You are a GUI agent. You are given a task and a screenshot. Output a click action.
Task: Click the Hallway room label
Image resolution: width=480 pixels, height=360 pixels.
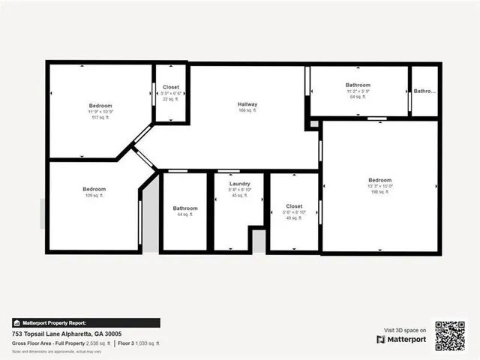[x=247, y=104]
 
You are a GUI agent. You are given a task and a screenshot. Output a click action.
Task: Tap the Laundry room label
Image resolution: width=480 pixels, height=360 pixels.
[x=240, y=183]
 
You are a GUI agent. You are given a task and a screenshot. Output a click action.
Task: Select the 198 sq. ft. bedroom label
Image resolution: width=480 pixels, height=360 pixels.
[x=379, y=180]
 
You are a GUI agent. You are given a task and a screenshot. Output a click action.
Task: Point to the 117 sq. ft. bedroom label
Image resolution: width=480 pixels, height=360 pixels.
[x=101, y=106]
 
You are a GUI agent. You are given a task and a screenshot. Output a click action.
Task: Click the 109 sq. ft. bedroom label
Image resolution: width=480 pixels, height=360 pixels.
[x=94, y=189]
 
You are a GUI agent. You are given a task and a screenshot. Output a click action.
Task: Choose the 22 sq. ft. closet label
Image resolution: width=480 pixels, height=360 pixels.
[x=171, y=87]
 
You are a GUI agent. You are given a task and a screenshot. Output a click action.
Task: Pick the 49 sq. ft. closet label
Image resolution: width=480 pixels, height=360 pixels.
[x=294, y=205]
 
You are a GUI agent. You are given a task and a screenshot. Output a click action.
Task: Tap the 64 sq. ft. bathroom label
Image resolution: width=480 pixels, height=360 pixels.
[x=358, y=85]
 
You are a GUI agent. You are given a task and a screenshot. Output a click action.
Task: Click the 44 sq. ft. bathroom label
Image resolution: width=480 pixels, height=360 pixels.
[x=185, y=208]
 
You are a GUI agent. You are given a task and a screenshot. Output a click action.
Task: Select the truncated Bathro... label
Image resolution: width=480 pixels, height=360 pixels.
[x=424, y=91]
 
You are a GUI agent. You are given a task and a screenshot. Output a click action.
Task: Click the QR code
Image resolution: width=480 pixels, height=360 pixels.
[x=450, y=335]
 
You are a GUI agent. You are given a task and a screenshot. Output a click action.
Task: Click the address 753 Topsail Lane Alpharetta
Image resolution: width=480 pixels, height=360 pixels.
[x=67, y=334]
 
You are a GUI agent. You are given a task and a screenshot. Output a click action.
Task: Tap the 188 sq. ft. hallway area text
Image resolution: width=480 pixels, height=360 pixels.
[x=247, y=110]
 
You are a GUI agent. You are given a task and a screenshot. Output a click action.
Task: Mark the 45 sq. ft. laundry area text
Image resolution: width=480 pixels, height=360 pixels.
[x=240, y=196]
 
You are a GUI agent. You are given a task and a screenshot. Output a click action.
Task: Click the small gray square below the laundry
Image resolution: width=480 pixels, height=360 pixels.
[x=259, y=241]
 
